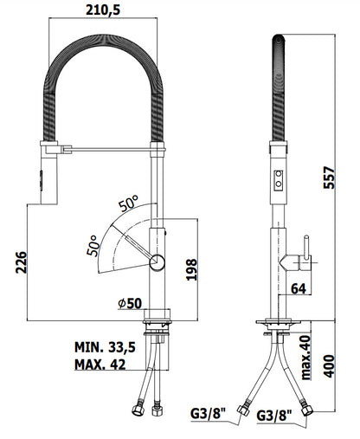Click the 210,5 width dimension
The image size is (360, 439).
point(103,10)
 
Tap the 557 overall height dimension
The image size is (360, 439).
point(329,178)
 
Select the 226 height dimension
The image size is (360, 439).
point(22,262)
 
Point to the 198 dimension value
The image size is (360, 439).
point(191,269)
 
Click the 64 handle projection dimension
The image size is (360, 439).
point(299,288)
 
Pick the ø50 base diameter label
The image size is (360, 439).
point(130,303)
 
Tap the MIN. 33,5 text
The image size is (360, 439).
point(105,347)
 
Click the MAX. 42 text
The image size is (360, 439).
point(100,365)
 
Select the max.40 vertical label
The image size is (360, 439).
point(305,358)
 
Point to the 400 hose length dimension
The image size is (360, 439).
point(329,366)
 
